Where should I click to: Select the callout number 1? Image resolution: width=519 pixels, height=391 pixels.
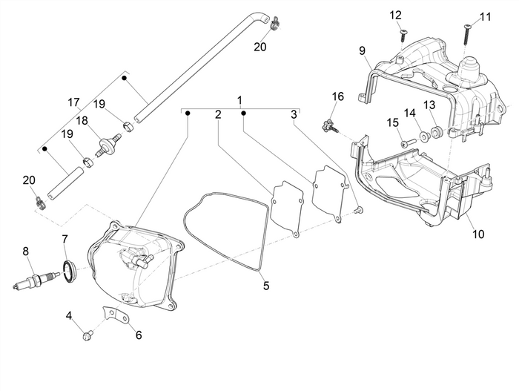239,99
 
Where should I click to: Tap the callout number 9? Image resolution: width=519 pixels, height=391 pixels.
363,50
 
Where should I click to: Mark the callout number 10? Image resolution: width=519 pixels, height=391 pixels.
477,234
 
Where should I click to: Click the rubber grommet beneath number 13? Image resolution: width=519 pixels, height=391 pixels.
435,132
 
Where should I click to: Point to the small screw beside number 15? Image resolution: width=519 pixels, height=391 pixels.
404,142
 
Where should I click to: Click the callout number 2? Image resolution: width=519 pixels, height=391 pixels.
218,114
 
